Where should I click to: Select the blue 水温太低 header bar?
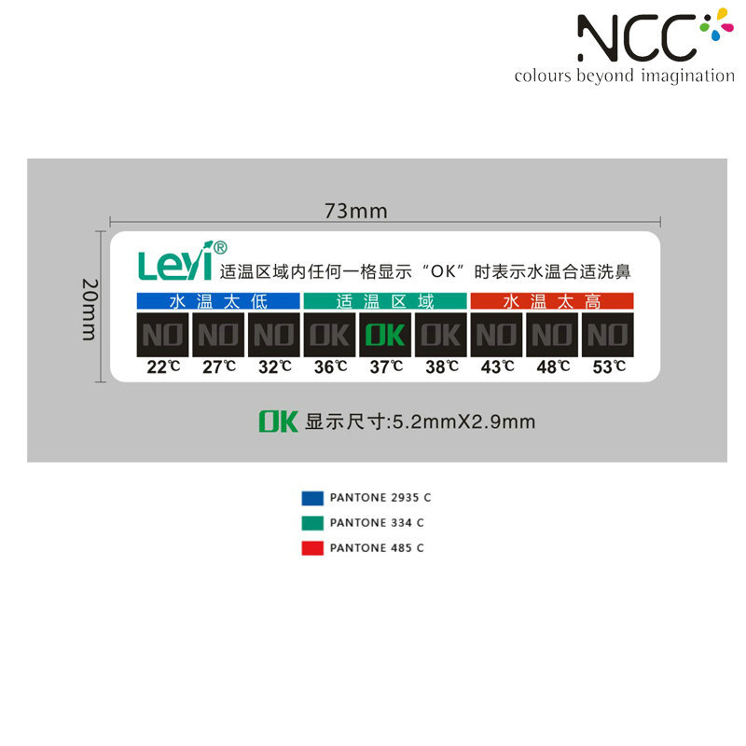(x=217, y=301)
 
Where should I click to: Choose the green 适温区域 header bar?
(x=384, y=301)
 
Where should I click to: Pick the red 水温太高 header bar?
(x=551, y=301)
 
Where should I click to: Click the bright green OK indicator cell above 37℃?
(x=384, y=334)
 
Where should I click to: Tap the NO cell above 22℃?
(x=162, y=334)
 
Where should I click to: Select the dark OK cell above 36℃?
(x=329, y=334)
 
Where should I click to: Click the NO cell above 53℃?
(x=607, y=334)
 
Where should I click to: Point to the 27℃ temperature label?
(x=219, y=366)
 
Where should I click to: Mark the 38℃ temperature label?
(x=441, y=366)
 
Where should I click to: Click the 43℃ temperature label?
(x=497, y=366)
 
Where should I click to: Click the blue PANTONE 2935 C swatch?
(x=312, y=498)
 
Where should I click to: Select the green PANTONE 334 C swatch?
(x=312, y=523)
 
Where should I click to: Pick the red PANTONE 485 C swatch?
(x=312, y=548)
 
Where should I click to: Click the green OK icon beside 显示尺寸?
(x=278, y=421)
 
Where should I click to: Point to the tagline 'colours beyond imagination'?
(x=624, y=76)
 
